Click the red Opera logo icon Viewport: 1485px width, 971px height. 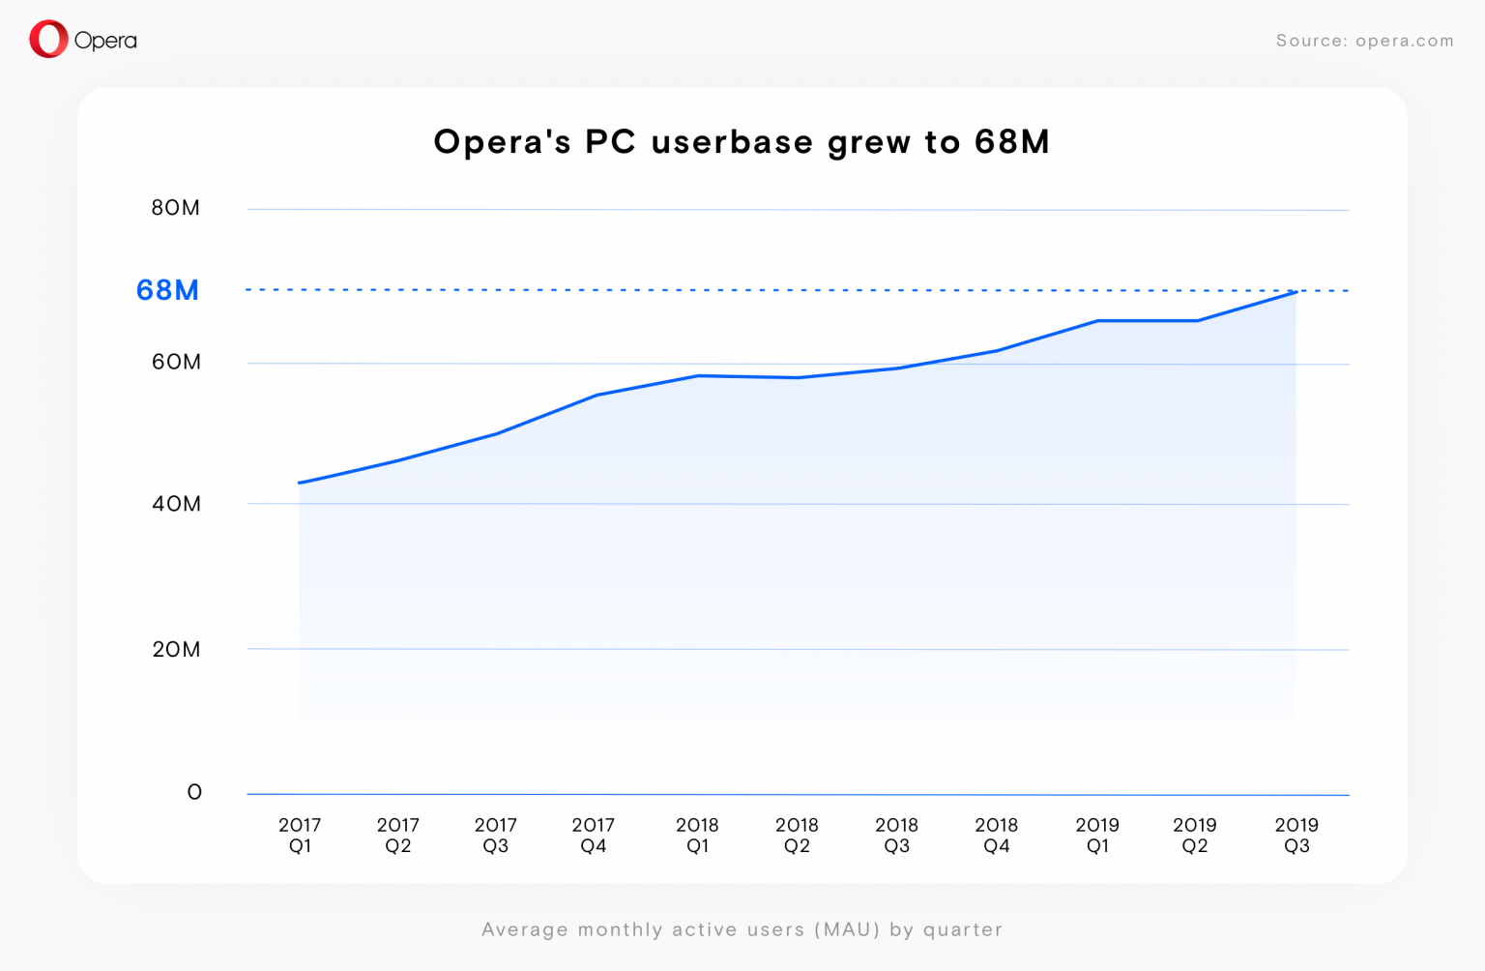48,40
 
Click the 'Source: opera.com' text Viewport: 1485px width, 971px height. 1364,41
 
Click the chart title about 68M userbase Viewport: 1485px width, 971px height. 742,142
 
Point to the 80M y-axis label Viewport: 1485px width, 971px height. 175,208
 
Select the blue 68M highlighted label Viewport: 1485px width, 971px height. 167,290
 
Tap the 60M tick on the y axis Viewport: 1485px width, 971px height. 176,362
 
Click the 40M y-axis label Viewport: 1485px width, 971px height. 176,504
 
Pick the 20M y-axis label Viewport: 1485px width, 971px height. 176,649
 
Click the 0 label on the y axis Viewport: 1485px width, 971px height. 194,792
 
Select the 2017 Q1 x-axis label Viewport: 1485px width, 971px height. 300,836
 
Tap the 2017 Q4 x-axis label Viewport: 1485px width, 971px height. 593,836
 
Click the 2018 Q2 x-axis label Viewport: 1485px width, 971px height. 797,836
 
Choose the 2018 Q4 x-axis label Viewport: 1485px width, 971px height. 996,836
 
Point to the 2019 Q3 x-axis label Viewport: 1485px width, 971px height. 1296,836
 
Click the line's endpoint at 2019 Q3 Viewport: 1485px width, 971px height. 1296,291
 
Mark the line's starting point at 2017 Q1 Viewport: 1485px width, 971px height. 300,483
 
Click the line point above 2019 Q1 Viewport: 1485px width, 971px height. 1097,320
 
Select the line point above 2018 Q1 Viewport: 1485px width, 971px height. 697,375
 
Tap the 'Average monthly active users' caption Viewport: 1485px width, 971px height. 742,929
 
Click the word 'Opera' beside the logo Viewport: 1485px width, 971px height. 105,41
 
